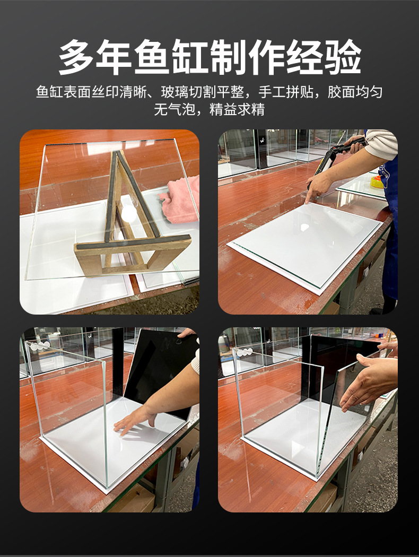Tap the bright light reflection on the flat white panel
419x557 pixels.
click(305, 227)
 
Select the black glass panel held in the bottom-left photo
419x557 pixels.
click(154, 366)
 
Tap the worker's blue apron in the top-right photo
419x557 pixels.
click(390, 223)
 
